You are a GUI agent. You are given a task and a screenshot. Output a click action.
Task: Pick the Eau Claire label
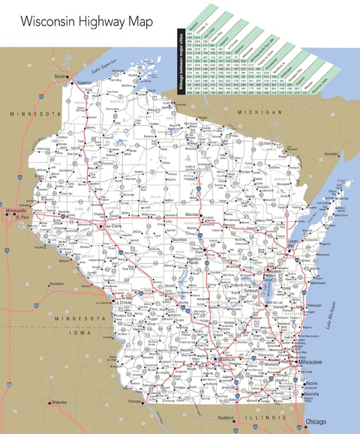pos(112,225)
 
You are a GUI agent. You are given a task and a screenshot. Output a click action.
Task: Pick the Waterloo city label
pos(58,403)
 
